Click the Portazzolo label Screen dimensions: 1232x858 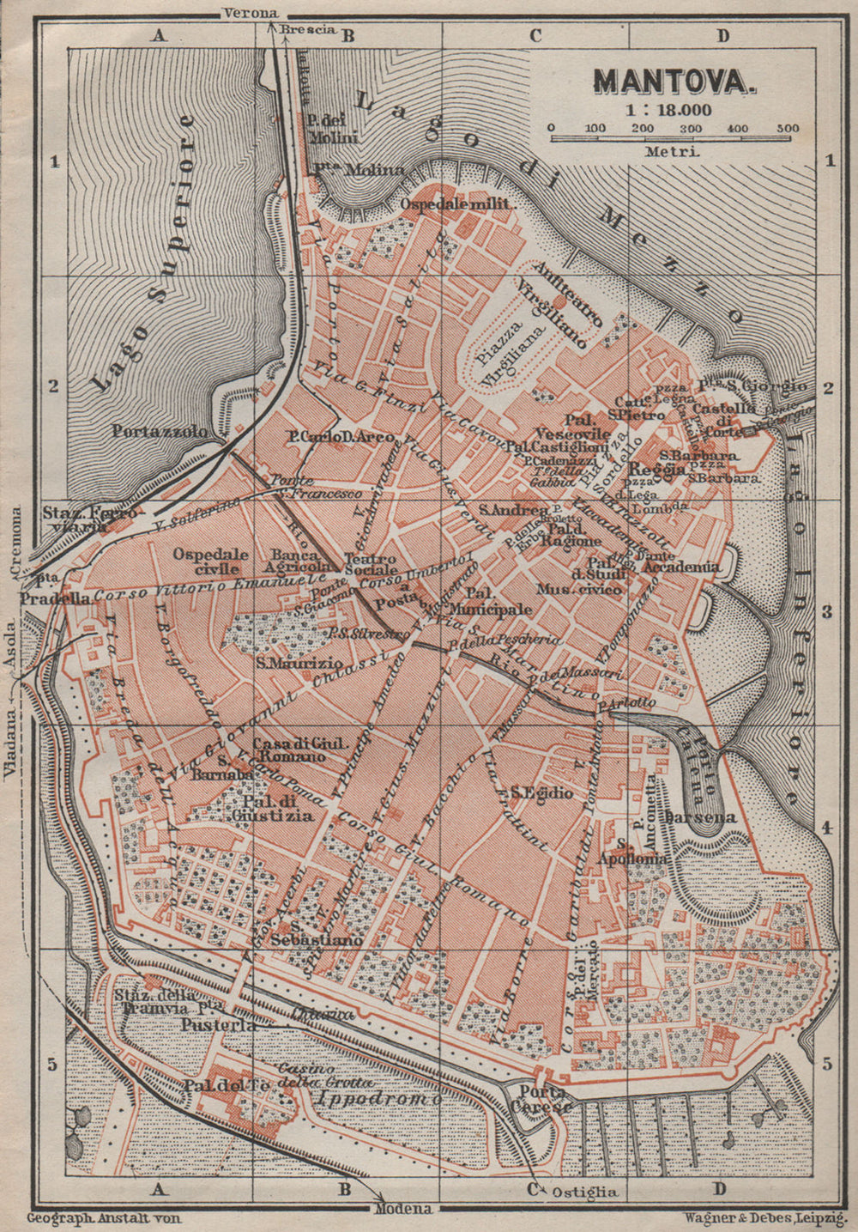[x=160, y=431]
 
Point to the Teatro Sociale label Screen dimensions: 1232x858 [x=371, y=563]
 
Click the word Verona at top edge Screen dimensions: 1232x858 [x=250, y=13]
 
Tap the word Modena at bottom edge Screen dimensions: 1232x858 [x=403, y=1209]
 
